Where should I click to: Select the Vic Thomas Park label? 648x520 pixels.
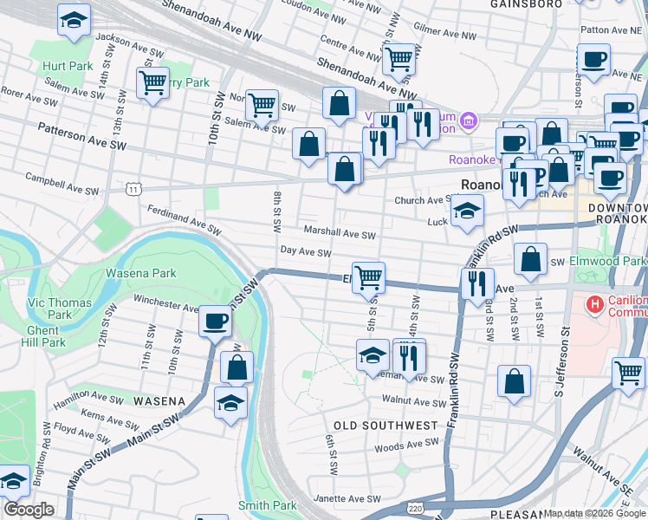49,308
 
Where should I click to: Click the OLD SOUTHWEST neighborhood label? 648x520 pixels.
386,426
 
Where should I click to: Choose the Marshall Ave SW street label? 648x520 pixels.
339,233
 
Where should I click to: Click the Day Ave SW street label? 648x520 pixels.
306,252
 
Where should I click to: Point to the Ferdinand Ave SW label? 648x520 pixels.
183,218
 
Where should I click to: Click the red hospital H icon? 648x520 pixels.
594,304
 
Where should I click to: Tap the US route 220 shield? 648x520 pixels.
416,510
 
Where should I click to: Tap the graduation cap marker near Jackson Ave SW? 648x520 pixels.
75,20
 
